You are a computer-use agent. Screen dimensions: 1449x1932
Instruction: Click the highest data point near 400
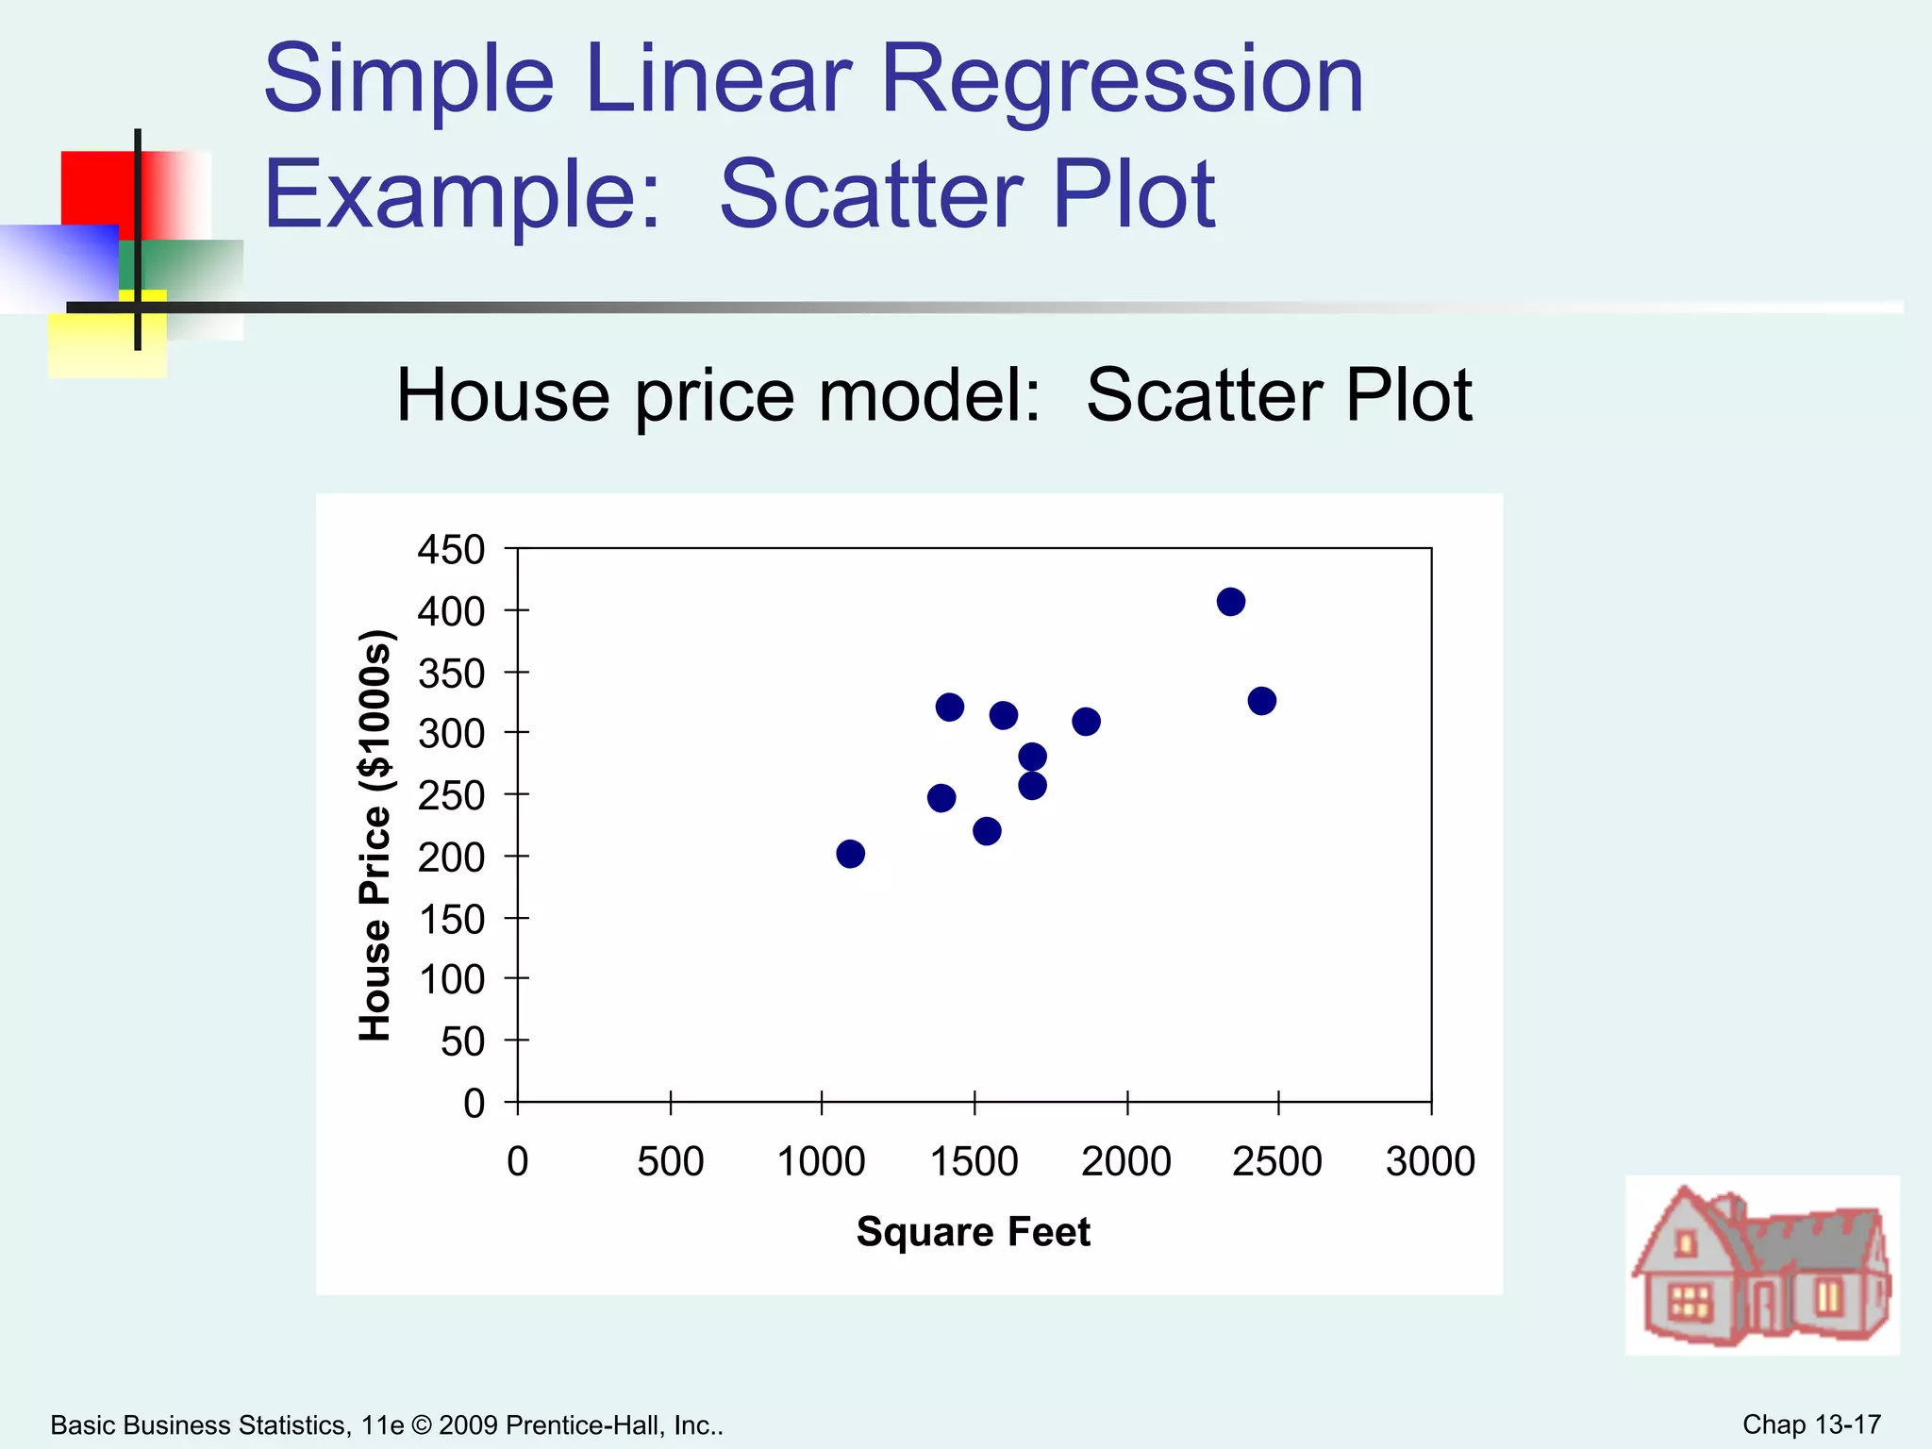point(1230,601)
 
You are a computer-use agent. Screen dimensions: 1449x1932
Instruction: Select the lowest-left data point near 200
point(850,854)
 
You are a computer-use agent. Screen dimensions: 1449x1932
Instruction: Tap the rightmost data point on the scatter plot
point(1261,701)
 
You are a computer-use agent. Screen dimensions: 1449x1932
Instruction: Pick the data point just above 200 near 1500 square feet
point(986,831)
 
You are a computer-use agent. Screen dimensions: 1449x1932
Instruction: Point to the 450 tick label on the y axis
point(451,550)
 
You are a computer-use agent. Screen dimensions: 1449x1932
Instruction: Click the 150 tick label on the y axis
point(451,919)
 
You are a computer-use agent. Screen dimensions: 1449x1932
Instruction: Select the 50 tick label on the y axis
point(462,1041)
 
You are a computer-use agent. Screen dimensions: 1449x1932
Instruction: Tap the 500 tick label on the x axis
point(670,1161)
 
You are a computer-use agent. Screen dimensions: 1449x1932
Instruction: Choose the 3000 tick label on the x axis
point(1429,1161)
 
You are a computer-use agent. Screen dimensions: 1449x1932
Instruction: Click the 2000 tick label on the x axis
point(1125,1161)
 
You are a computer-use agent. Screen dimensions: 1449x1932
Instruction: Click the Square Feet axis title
point(973,1232)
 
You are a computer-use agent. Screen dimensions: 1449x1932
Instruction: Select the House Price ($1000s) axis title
point(375,835)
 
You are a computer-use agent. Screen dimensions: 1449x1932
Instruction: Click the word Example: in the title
point(461,194)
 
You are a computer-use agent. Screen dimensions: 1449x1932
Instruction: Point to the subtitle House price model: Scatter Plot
point(933,394)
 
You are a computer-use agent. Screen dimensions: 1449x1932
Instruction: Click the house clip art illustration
point(1761,1266)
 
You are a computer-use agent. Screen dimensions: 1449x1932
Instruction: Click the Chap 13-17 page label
point(1810,1424)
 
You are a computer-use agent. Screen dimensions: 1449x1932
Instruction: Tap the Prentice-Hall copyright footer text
point(386,1425)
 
